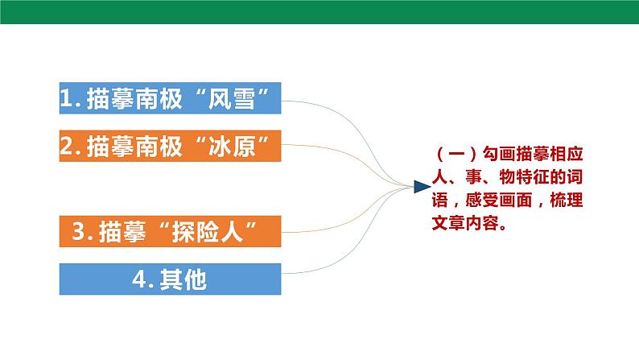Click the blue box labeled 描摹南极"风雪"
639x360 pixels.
[x=170, y=99]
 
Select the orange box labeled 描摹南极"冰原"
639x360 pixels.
[x=170, y=146]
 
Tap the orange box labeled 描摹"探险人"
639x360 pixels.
[x=170, y=232]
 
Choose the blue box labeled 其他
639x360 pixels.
[x=170, y=279]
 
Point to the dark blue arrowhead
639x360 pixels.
[x=421, y=187]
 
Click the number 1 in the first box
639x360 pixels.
[x=67, y=99]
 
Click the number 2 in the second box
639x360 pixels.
[x=67, y=146]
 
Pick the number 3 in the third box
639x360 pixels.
[x=79, y=232]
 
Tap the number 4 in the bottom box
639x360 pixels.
[x=138, y=279]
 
